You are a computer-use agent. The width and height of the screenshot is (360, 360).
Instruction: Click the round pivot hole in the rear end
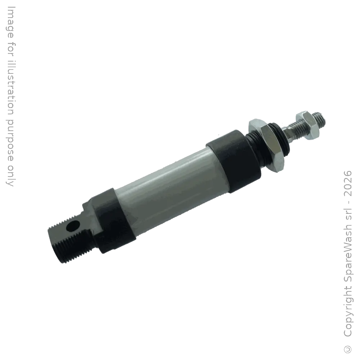[x=73, y=226]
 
